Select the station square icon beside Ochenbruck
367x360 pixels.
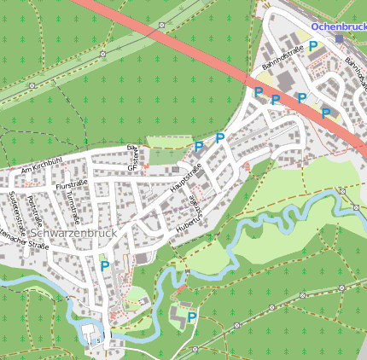pos(339,38)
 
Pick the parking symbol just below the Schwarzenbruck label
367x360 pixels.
pos(104,265)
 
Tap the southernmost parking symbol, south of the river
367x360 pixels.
pos(192,316)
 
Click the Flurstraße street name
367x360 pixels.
pos(71,185)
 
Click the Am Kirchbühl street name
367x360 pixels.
pos(43,164)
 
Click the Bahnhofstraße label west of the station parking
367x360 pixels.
pos(283,59)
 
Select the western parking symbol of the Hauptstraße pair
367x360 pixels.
pos(199,146)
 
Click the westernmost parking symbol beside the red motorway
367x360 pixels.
pos(258,91)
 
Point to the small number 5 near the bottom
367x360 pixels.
pos(98,340)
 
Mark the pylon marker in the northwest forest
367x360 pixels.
pos(103,53)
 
